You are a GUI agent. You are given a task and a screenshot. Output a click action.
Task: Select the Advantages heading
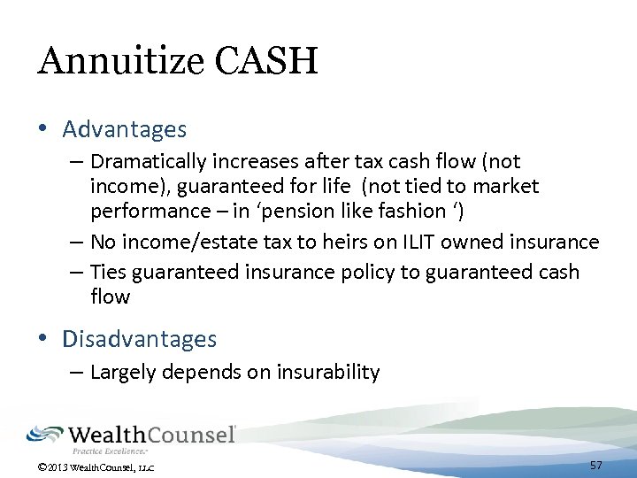pyautogui.click(x=125, y=130)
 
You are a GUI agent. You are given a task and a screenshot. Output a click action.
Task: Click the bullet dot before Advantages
pyautogui.click(x=43, y=130)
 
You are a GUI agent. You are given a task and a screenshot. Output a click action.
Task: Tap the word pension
pyautogui.click(x=288, y=212)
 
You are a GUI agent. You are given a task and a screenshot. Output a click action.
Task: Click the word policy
pyautogui.click(x=364, y=272)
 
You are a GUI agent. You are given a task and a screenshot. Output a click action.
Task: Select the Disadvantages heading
pyautogui.click(x=140, y=339)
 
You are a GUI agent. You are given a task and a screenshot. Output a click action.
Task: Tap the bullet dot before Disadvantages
pyautogui.click(x=43, y=339)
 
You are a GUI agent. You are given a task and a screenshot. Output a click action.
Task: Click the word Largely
pyautogui.click(x=121, y=373)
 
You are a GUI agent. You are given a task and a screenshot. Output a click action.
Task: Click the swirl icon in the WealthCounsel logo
pyautogui.click(x=45, y=434)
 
